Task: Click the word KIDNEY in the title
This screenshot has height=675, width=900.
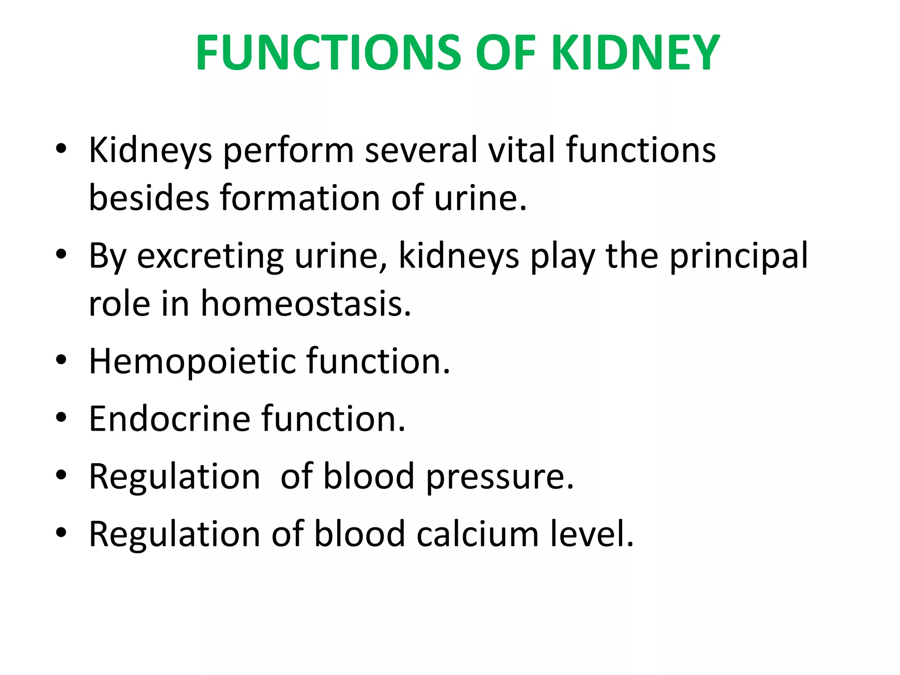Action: tap(635, 53)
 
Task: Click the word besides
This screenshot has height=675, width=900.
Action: tap(149, 198)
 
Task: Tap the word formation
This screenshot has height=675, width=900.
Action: tap(300, 198)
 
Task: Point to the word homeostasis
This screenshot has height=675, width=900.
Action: tap(306, 304)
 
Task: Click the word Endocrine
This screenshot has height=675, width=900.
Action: tap(170, 419)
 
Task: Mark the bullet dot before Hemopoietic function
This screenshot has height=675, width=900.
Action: tap(61, 360)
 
